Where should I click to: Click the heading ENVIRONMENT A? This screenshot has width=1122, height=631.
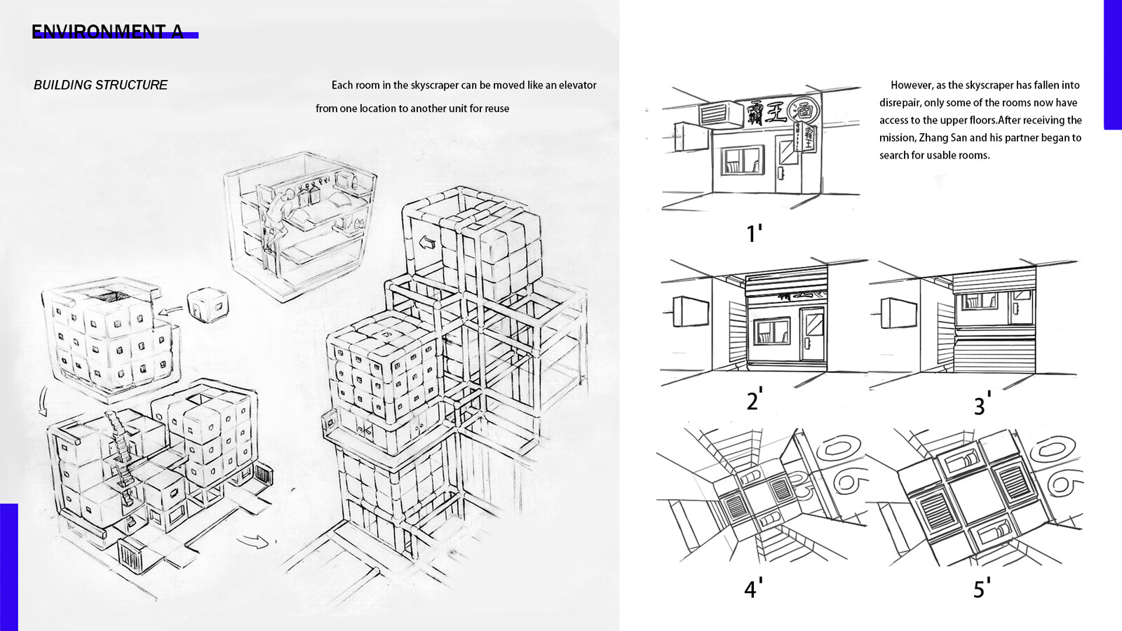click(x=107, y=32)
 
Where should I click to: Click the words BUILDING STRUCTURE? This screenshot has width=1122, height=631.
click(x=100, y=85)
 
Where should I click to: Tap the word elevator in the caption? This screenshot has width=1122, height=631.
click(x=577, y=85)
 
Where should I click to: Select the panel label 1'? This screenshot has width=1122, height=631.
click(x=754, y=233)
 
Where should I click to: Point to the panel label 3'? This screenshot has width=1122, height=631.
click(x=982, y=405)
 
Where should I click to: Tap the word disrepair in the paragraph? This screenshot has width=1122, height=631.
click(x=900, y=102)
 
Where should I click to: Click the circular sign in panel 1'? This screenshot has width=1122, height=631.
click(x=801, y=110)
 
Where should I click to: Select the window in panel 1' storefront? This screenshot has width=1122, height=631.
click(x=742, y=162)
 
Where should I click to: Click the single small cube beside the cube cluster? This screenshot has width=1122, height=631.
click(x=205, y=305)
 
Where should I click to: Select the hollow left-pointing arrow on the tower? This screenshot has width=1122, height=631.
click(x=426, y=244)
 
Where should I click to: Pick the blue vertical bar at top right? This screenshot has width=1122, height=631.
click(x=1112, y=65)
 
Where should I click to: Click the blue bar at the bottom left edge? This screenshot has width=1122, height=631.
click(x=8, y=566)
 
